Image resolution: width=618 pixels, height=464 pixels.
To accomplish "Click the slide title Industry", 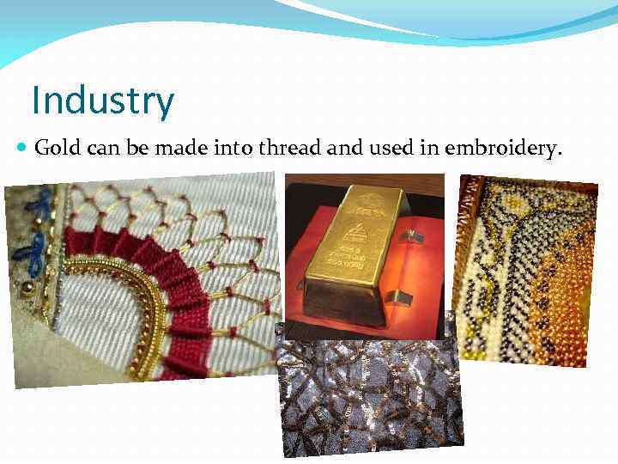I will coord(102,101).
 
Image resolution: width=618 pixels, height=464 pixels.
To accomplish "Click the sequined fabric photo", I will coord(369,391).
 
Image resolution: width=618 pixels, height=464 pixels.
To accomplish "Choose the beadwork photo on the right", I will coord(524,266).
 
